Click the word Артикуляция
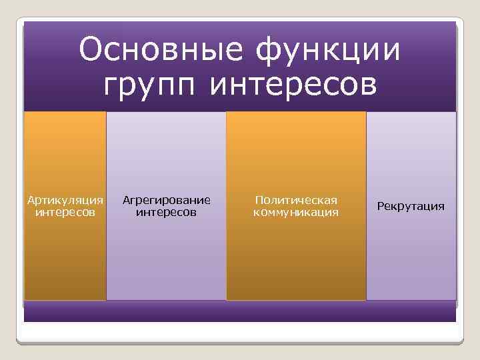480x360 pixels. [65, 200]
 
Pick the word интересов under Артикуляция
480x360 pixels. [65, 212]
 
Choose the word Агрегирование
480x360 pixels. [166, 200]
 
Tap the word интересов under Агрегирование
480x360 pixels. [166, 212]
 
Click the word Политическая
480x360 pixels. [296, 200]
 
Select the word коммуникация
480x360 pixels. [296, 212]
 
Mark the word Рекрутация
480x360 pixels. [411, 207]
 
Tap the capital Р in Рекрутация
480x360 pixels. [381, 206]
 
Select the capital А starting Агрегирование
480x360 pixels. [126, 199]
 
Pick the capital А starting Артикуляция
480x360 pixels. [29, 199]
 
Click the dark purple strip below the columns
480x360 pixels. [240, 311]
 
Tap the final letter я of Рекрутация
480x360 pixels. [441, 207]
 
